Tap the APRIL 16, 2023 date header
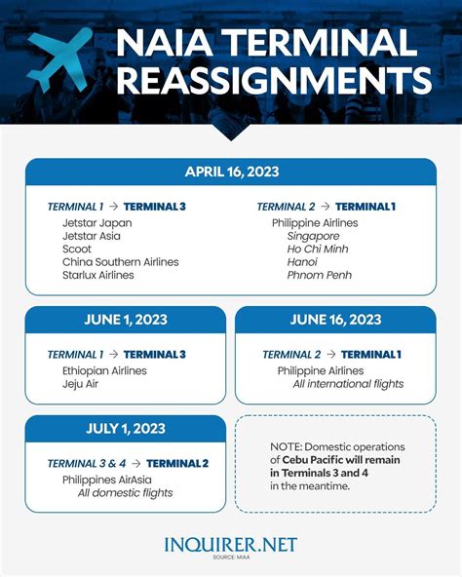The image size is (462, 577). tap(231, 172)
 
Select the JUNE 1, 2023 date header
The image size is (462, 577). tap(126, 320)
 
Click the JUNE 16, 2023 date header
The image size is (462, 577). tap(335, 320)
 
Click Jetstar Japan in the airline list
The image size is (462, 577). tap(96, 223)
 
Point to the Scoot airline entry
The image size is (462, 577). tap(78, 249)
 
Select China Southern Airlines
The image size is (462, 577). tap(121, 262)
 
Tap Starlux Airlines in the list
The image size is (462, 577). tap(98, 276)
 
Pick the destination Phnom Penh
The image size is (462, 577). tap(320, 276)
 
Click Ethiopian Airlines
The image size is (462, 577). tap(104, 370)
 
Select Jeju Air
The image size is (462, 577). tap(80, 384)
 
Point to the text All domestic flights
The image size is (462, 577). tap(126, 493)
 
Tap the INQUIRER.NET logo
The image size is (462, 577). tap(231, 544)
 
